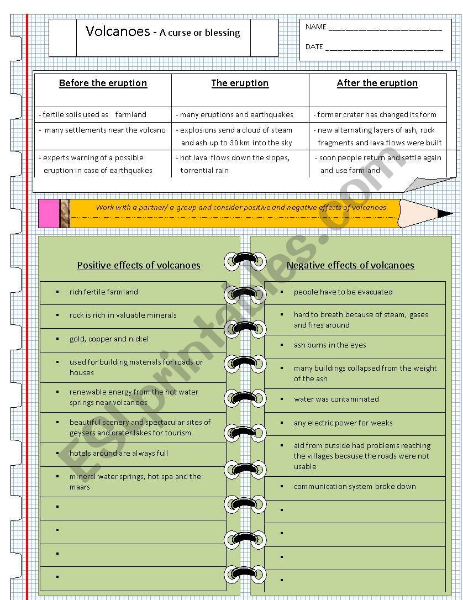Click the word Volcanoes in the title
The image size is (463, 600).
117,31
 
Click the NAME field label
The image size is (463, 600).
316,27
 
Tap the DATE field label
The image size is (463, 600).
314,47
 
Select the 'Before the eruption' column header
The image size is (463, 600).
103,83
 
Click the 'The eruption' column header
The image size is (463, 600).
240,83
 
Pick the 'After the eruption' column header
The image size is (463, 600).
377,83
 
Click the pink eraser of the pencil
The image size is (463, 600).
49,214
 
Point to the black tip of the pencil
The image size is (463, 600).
444,213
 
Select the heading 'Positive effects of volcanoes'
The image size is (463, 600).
139,265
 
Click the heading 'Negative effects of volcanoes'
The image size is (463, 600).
350,265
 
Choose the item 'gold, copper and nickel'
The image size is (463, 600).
109,339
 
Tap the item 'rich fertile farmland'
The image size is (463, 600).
104,292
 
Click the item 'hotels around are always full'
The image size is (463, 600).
119,454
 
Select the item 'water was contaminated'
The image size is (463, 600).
336,399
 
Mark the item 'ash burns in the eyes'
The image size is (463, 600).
330,345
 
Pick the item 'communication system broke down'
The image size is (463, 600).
355,487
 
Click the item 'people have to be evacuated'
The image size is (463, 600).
343,292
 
